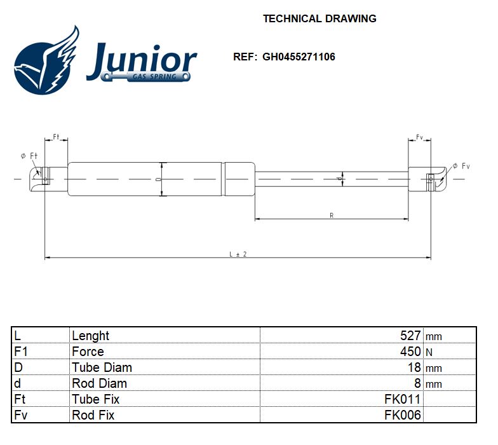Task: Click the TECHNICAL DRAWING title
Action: (x=320, y=18)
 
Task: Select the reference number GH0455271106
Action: (x=299, y=57)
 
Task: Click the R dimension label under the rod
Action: (x=332, y=216)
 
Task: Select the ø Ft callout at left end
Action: (x=29, y=156)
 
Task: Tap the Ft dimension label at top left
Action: (x=56, y=137)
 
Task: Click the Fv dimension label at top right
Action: (x=420, y=137)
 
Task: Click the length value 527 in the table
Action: (x=410, y=336)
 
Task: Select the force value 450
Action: (x=410, y=352)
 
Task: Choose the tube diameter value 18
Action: (x=414, y=367)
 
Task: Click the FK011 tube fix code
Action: (x=402, y=399)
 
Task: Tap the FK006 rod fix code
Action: (x=402, y=415)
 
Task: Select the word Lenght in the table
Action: (x=91, y=336)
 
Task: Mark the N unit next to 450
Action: (x=429, y=352)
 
